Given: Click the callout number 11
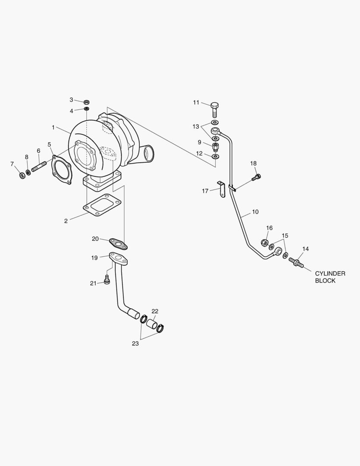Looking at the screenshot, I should [196, 103].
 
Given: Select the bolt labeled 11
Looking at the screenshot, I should [215, 110].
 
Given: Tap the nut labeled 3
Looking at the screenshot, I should [86, 102].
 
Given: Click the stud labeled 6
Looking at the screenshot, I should [39, 166].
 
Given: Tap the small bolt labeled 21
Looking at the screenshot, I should [107, 281].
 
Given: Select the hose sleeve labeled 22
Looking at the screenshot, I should [151, 324].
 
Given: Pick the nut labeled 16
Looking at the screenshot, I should [265, 242].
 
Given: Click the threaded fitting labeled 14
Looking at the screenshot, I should [297, 261].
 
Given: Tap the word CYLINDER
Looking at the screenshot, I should [330, 274].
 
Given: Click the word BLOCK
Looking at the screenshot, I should [325, 280].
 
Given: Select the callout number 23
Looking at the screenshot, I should [135, 344].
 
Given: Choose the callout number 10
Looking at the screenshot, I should [255, 212].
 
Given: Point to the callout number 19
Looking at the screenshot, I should [94, 258].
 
